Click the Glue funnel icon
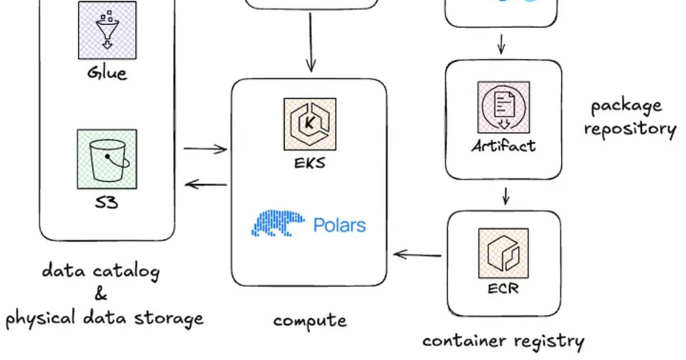pos(107,30)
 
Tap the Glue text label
pos(107,73)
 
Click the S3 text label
pos(107,202)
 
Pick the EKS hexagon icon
pos(309,124)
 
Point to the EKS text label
pos(309,163)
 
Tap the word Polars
pos(340,225)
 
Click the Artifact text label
pos(504,146)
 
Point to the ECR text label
pos(504,289)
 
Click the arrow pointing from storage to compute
pos(205,150)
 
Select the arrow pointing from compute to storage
pos(206,184)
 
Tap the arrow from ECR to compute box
pos(418,254)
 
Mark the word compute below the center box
pos(309,321)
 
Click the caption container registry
pos(503,342)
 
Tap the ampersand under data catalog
pos(101,295)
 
